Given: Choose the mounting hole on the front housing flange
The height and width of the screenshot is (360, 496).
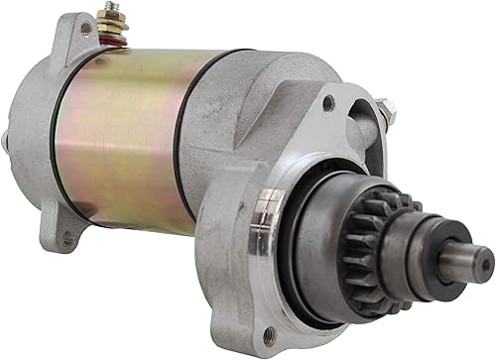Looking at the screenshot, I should pos(328,104).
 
